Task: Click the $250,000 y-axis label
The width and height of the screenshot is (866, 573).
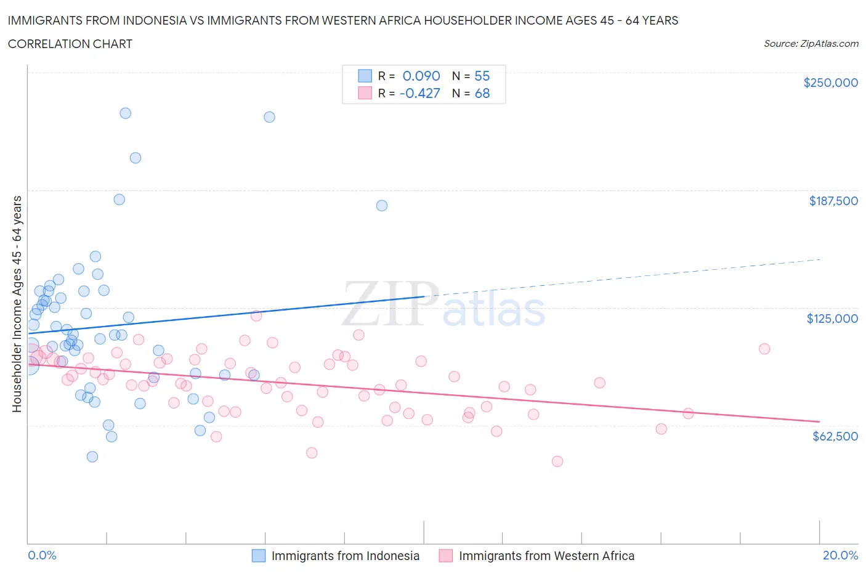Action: (x=830, y=83)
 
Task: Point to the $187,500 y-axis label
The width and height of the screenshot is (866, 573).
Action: (x=833, y=201)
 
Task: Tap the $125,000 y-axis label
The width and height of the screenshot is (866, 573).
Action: (x=832, y=319)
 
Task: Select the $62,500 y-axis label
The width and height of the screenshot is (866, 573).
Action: (x=835, y=436)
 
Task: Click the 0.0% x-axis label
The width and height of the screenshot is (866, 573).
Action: (x=42, y=555)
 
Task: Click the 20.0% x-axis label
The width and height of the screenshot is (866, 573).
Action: (x=840, y=555)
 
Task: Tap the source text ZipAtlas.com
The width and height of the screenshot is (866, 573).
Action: (x=811, y=44)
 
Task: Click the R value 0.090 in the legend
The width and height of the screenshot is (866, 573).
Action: (x=421, y=76)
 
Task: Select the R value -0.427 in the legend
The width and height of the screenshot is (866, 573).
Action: (x=419, y=93)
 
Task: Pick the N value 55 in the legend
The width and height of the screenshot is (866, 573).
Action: (x=482, y=76)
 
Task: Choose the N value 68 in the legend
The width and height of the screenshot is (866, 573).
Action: (x=482, y=93)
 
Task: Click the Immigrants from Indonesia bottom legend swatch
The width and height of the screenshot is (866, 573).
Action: (x=259, y=556)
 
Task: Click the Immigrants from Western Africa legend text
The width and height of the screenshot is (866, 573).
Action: (x=546, y=556)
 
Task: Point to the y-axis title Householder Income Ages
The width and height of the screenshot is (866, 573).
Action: (x=17, y=304)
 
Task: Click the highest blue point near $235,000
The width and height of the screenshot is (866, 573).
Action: (x=125, y=113)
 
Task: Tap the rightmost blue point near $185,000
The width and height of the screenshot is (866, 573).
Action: (x=382, y=206)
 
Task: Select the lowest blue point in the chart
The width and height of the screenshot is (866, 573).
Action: (x=92, y=457)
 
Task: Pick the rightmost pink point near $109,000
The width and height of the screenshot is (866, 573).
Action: (x=764, y=349)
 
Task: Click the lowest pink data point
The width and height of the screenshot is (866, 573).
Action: (x=557, y=461)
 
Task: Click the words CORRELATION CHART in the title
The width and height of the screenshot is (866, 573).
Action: (x=70, y=44)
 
